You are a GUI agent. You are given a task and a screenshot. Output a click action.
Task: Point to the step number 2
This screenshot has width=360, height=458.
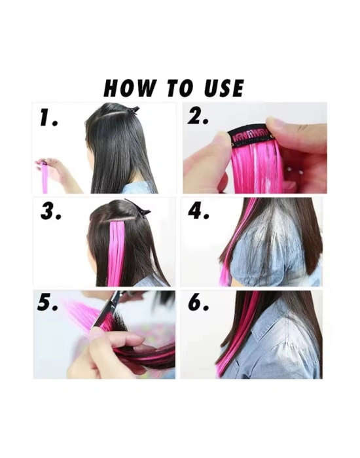tap(198, 117)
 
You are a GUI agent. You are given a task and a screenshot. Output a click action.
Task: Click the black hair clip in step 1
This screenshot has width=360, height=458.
tap(134, 110)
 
